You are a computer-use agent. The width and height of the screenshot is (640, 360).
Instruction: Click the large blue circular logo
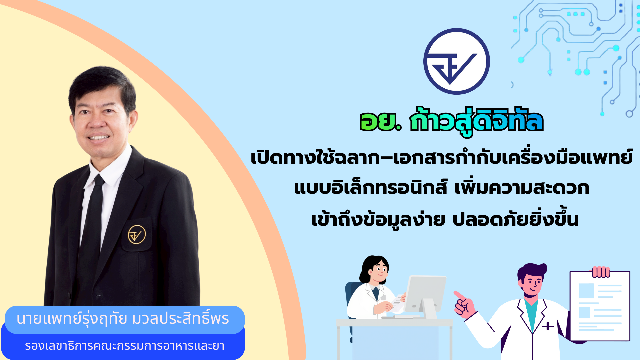point(456,61)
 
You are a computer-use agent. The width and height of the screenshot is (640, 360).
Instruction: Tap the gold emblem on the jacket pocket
point(137,234)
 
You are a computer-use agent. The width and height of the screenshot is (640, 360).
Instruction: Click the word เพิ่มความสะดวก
point(522,188)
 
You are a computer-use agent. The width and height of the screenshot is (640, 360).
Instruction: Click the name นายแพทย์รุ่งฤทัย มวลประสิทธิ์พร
point(123,319)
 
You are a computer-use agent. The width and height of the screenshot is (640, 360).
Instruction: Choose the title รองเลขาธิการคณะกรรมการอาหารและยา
point(124,346)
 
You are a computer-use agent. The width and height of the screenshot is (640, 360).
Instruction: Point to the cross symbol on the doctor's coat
point(548,326)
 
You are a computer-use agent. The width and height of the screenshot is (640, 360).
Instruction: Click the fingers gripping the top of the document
point(601,272)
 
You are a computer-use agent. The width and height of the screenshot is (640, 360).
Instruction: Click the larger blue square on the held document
point(586,291)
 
